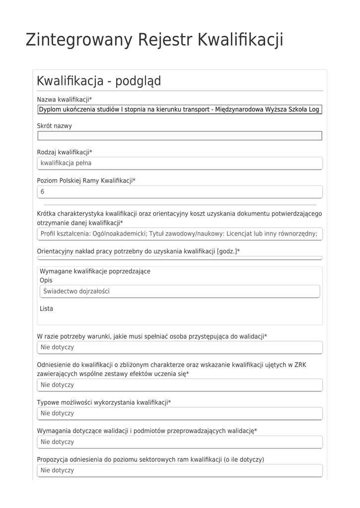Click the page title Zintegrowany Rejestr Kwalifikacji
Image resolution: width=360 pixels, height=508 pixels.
coord(154,40)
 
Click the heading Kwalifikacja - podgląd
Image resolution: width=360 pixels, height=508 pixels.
coord(99,81)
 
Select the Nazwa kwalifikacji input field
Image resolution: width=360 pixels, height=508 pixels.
coord(180,110)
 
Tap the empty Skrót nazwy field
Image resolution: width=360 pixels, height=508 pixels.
coord(180,136)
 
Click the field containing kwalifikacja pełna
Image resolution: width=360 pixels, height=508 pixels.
coord(180,163)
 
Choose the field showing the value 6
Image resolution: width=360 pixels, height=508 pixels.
coord(180,191)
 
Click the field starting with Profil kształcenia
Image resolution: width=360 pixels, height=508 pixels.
coord(180,234)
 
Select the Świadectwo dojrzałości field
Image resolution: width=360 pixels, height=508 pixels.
coord(180,291)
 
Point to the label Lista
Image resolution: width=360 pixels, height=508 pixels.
coord(46,309)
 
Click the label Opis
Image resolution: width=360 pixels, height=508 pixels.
coord(46,280)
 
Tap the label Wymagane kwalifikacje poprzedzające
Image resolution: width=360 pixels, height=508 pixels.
coord(95,271)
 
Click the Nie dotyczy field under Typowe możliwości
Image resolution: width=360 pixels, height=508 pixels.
coord(180,413)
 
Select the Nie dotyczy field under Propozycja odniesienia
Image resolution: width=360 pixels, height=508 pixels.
coord(180,470)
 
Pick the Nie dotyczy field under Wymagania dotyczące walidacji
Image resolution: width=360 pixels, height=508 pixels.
coord(180,442)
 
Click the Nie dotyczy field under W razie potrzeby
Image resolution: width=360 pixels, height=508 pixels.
coord(180,347)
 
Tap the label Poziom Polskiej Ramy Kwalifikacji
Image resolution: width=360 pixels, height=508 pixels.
coord(86,181)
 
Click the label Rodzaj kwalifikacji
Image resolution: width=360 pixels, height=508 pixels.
coord(65,152)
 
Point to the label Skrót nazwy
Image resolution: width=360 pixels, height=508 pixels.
coord(54,126)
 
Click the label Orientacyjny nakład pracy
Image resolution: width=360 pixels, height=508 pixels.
coord(138,252)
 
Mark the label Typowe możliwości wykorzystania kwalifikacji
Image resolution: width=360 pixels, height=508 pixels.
coord(104,402)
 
